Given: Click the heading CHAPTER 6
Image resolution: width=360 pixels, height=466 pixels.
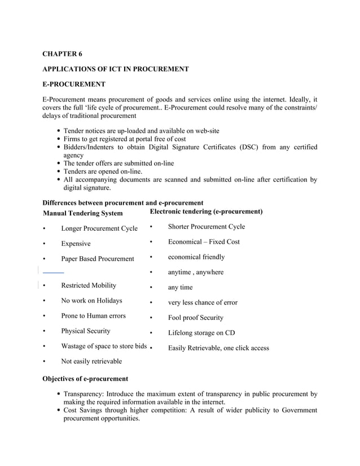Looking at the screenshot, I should (x=63, y=54).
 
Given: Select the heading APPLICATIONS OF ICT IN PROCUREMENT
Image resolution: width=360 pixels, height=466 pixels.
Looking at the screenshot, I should (x=116, y=69).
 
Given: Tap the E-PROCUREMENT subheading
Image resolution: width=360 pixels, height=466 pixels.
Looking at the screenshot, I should (x=74, y=85).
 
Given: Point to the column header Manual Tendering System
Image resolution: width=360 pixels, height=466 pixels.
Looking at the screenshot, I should (x=82, y=213).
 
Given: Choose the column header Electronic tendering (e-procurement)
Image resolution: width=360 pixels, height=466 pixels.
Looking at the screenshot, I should (x=206, y=212).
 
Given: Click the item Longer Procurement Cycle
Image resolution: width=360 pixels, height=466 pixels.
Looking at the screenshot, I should (x=99, y=228).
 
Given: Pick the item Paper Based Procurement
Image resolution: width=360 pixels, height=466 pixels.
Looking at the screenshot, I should (x=98, y=259).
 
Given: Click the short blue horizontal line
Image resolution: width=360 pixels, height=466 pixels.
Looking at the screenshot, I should (x=53, y=272).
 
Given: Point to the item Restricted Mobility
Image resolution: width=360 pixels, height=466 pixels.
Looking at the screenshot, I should (x=89, y=285).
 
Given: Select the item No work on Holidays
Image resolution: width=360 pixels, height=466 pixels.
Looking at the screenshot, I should (x=91, y=301).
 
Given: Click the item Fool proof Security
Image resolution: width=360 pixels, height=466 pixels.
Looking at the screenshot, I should (x=196, y=318).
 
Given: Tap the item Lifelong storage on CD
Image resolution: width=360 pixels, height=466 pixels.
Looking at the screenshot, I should (x=201, y=333).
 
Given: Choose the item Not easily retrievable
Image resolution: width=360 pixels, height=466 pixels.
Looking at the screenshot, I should (x=91, y=361).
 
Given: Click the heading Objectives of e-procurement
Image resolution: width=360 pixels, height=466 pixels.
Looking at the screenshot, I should (x=86, y=379).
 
